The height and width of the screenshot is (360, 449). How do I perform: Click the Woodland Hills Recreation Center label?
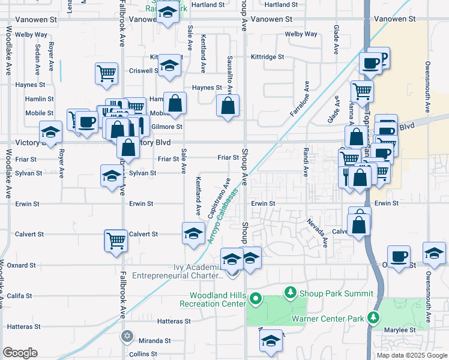coord(218,300)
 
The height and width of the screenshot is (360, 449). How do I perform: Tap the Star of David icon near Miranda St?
coord(127,336)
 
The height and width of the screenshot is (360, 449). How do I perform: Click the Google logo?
coord(20,353)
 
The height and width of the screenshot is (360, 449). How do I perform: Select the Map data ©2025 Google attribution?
coord(412,355)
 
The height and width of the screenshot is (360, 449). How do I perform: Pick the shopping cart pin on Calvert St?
coord(115,240)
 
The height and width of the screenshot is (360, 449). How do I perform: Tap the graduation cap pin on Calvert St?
coord(193,233)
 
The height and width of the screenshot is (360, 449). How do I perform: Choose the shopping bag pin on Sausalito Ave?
coord(228,106)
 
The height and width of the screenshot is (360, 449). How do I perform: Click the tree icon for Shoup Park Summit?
coord(291,293)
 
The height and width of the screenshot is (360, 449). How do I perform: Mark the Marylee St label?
coord(403,330)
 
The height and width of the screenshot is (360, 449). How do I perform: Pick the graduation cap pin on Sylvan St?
coord(111,176)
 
